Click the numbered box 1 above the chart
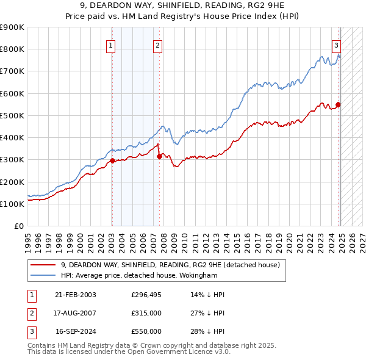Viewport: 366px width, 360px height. pos(111,45)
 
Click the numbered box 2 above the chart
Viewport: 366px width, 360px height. pos(157,45)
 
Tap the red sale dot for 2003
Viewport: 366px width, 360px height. pos(112,162)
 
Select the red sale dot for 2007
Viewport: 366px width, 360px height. pos(159,156)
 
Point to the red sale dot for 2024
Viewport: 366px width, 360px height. pos(338,104)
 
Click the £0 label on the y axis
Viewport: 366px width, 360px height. pos(18,226)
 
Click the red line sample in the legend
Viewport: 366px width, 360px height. pos(42,265)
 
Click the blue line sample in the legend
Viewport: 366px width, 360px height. pos(42,275)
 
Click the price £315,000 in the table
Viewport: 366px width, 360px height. pos(146,314)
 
